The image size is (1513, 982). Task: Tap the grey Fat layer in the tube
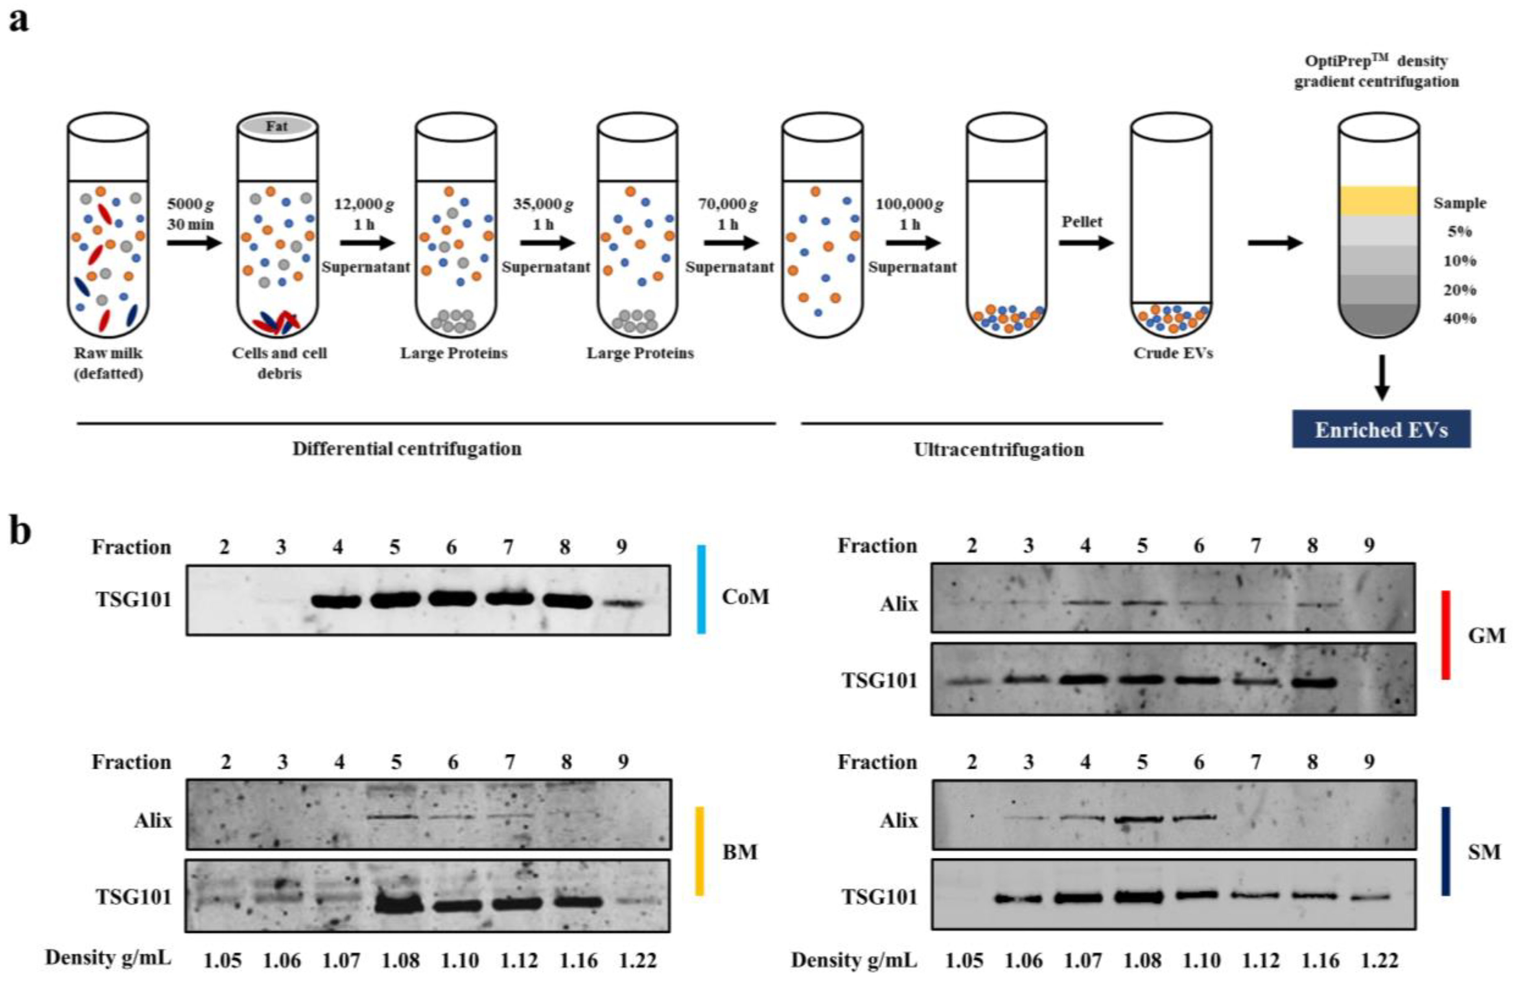pos(277,126)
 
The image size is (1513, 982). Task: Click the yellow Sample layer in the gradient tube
pos(1379,201)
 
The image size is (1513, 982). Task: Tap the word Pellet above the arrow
pos(1082,221)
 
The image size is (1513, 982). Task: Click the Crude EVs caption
pos(1172,353)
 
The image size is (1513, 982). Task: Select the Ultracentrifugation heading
pos(999,449)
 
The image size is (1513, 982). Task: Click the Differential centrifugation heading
pos(407,449)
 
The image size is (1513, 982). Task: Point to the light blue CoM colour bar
pos(701,589)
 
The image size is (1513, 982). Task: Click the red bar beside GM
pos(1445,635)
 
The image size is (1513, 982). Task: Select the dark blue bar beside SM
pos(1445,851)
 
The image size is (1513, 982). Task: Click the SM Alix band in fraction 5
pos(1142,820)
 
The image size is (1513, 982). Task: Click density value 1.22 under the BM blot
pos(638,959)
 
